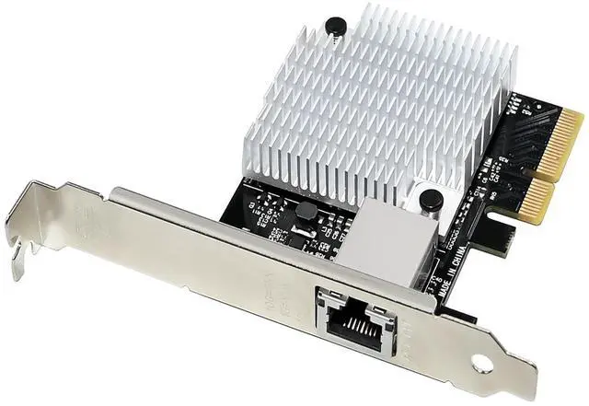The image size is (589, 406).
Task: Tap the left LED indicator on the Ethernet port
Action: tap(325, 299)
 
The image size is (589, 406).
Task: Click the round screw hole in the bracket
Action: tap(480, 365)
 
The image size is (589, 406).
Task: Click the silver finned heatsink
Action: tap(387, 101)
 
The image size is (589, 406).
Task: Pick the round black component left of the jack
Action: tap(306, 212)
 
